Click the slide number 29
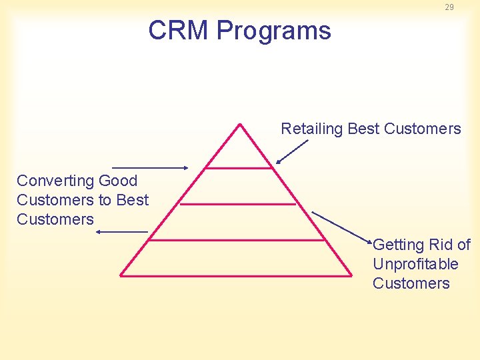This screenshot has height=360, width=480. (x=449, y=7)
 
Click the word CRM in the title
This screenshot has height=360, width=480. (x=179, y=31)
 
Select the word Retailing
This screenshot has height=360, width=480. (x=311, y=129)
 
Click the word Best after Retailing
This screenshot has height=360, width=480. (x=363, y=129)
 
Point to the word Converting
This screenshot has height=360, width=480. (x=55, y=181)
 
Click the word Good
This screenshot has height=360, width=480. (x=117, y=181)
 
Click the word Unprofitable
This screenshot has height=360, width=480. (x=415, y=264)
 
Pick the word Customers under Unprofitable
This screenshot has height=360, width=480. (x=411, y=283)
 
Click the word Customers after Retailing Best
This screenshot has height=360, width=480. (x=423, y=129)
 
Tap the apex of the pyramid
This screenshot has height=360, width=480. (x=238, y=125)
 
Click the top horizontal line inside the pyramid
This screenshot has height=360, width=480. (x=238, y=168)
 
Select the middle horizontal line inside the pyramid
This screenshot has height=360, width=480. (x=237, y=204)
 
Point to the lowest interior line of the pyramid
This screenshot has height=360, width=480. (x=237, y=239)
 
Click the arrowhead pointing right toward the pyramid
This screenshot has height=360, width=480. (x=186, y=168)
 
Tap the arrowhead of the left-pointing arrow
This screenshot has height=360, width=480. (x=99, y=231)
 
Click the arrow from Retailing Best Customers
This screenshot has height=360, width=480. (x=291, y=151)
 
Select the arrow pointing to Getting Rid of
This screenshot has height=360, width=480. (x=341, y=226)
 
